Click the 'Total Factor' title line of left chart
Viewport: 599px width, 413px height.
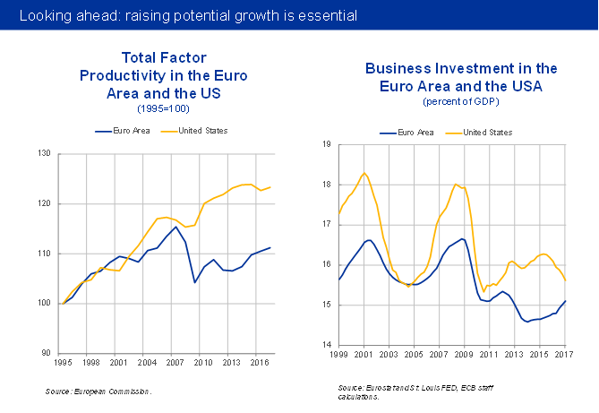[150, 58]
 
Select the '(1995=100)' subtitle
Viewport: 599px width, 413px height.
[163, 108]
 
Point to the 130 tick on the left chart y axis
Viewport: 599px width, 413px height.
[44, 154]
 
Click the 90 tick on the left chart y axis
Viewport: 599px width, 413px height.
[45, 353]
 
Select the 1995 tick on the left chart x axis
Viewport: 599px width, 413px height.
[63, 363]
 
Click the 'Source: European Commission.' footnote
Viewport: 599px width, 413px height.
[99, 391]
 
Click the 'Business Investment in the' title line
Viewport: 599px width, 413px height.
[461, 69]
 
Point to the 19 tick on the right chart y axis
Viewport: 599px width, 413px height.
[327, 144]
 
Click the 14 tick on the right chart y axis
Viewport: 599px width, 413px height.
[327, 345]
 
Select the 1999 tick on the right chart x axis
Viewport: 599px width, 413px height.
[338, 356]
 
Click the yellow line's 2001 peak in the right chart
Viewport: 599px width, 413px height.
[364, 173]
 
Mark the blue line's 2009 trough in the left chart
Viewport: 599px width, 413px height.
[195, 282]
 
